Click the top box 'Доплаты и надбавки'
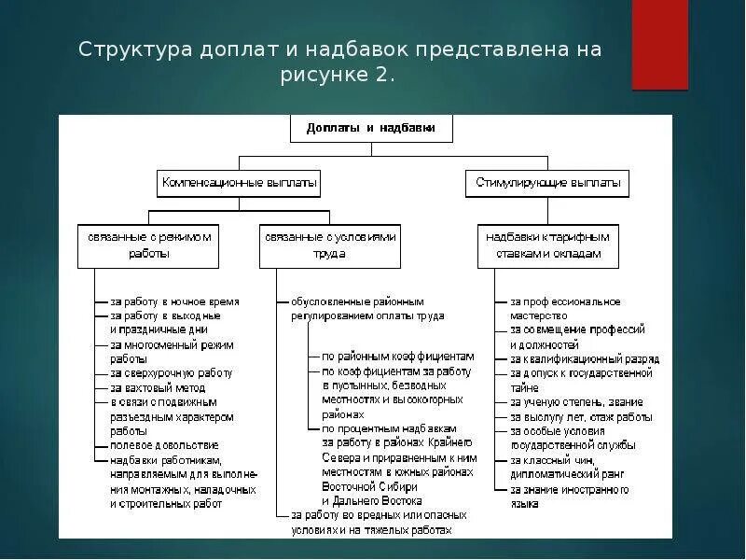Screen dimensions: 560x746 (370, 128)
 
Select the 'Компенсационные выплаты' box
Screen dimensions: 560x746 (239, 183)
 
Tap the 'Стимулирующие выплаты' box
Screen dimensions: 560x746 (546, 183)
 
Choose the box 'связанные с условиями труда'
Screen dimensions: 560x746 (330, 245)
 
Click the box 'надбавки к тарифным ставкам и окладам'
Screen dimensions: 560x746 (547, 245)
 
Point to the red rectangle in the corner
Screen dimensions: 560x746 (659, 44)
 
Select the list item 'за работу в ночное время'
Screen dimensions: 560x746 (174, 302)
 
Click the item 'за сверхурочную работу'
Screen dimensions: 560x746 (171, 372)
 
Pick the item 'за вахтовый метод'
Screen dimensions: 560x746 (159, 387)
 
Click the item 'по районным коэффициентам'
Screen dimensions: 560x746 (398, 357)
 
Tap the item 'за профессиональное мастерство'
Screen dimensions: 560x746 (564, 309)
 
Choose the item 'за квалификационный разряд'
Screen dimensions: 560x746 (584, 358)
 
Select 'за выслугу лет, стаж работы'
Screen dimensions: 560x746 (581, 416)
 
